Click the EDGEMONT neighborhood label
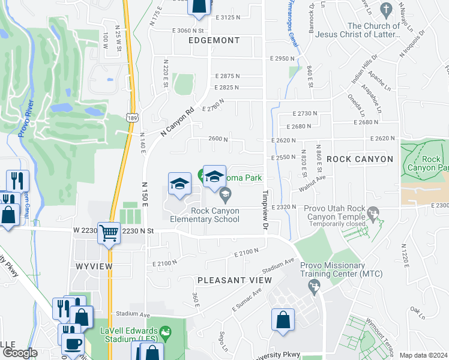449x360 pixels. pos(214,41)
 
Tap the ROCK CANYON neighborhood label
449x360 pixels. pos(360,159)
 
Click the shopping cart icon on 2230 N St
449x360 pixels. pos(109,232)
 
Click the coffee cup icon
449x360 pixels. pos(73,344)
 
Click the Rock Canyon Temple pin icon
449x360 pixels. pos(374,212)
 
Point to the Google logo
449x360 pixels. pos(20,353)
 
